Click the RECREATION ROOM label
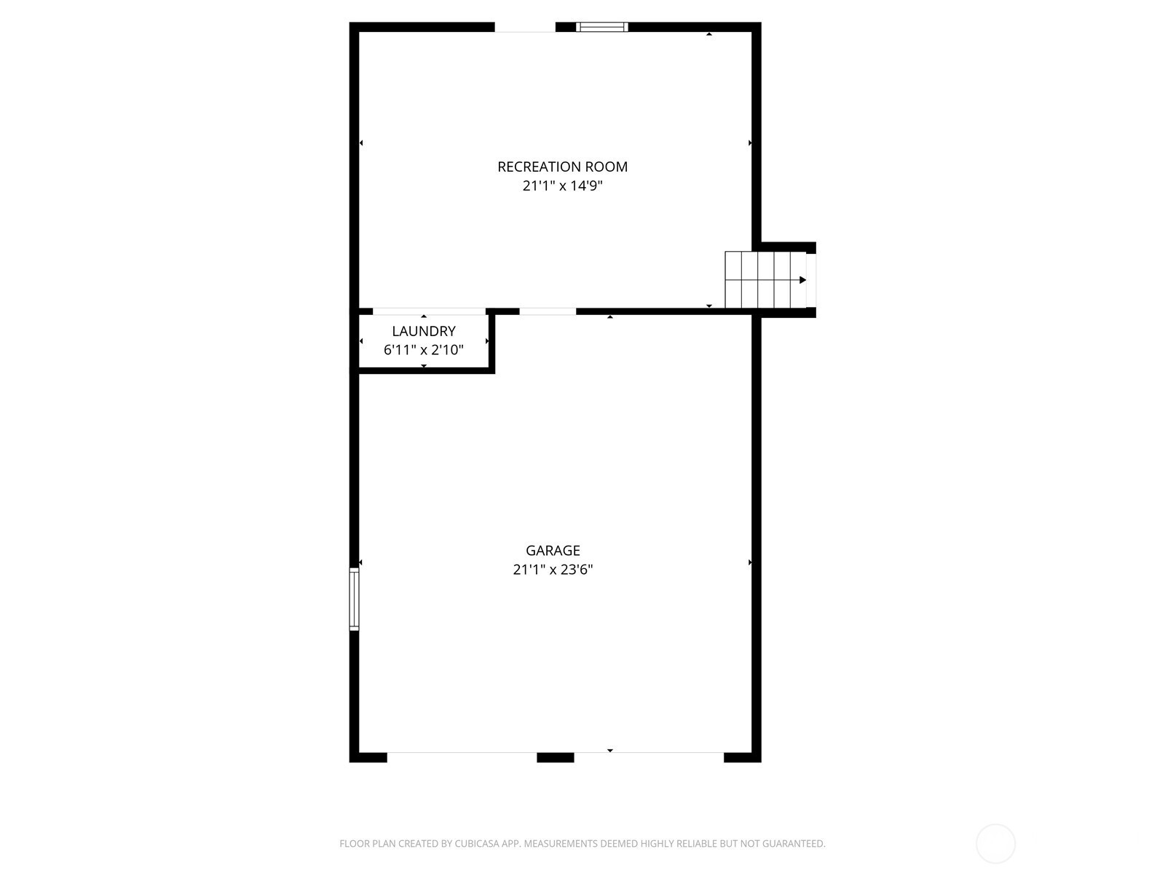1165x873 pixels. point(562,167)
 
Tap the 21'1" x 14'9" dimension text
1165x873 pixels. point(563,186)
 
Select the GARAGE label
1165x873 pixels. point(553,550)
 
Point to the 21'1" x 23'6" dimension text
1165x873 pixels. point(553,570)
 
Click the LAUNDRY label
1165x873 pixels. point(424,331)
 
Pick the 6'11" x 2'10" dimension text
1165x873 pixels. point(424,350)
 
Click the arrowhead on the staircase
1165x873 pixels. point(802,280)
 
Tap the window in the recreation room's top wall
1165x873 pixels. point(602,27)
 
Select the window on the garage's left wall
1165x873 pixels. point(354,599)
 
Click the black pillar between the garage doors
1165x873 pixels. point(555,757)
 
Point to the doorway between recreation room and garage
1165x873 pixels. point(548,311)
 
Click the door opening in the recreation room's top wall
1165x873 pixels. point(525,27)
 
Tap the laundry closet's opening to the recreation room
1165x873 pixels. point(429,311)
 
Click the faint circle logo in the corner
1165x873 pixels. point(995,843)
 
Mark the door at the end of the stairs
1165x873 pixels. point(811,280)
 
